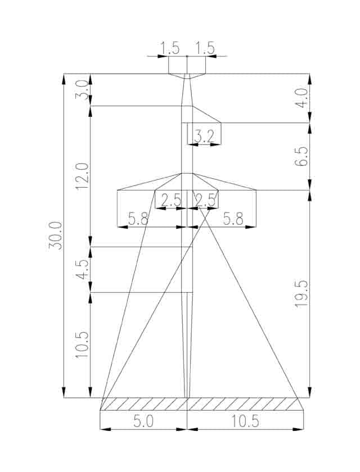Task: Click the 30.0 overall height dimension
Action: pos(56,235)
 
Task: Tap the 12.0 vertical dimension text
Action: pos(82,176)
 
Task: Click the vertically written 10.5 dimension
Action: pos(82,344)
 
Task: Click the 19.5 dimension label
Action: pos(301,293)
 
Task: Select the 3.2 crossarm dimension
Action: pos(204,137)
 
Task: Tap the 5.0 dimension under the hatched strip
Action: pos(143,421)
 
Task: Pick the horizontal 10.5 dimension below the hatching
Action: pos(245,421)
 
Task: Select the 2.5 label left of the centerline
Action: pos(171,200)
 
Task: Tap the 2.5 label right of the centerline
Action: pos(206,200)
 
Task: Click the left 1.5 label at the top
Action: pos(170,48)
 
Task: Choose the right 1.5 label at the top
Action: pos(205,48)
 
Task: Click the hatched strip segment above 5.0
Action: pos(143,404)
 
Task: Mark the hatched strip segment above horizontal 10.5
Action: pos(245,404)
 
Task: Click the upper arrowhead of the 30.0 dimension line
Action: pos(64,79)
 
